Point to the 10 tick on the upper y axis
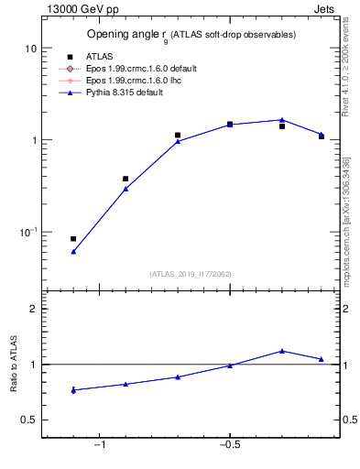tap(29, 49)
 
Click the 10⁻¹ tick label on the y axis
tap(27, 233)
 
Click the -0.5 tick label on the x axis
tap(229, 445)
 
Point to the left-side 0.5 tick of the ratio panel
tap(28, 420)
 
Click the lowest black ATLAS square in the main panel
tap(73, 238)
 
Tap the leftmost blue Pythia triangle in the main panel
tap(73, 251)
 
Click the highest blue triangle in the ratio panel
tap(282, 351)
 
